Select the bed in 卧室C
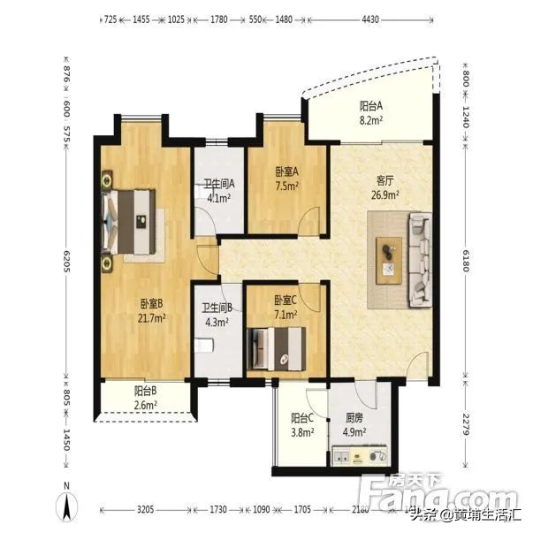pyautogui.click(x=278, y=346)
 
